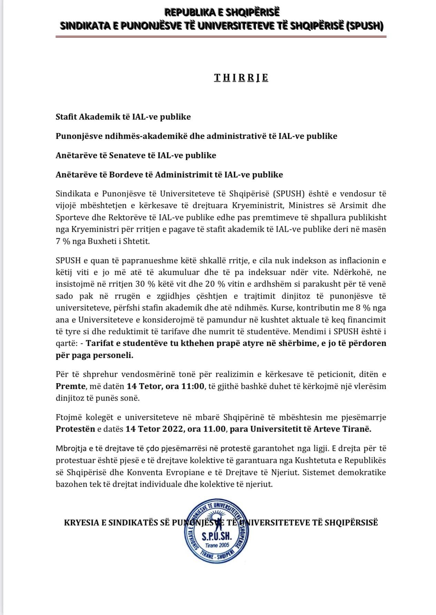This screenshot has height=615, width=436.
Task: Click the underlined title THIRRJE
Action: pyautogui.click(x=241, y=78)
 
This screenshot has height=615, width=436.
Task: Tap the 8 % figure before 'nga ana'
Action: pyautogui.click(x=363, y=308)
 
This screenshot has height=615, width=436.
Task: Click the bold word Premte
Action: pyautogui.click(x=71, y=386)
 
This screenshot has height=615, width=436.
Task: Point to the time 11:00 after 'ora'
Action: pyautogui.click(x=193, y=386)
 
